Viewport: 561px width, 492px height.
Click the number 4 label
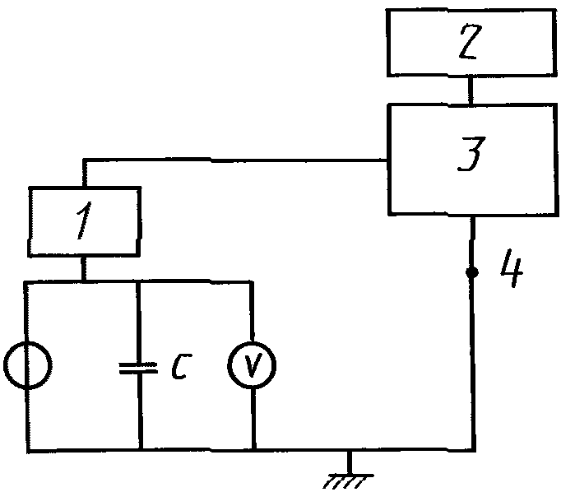[x=512, y=268]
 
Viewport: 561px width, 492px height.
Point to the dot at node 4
[x=472, y=272]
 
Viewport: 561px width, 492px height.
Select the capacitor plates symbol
[x=138, y=369]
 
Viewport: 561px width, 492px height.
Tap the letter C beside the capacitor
[x=182, y=366]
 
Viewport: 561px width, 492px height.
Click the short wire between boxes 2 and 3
[x=471, y=91]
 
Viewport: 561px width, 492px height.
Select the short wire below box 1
[x=83, y=268]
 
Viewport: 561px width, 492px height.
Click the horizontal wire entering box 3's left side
[x=234, y=160]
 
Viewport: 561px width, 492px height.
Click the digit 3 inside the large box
[x=471, y=154]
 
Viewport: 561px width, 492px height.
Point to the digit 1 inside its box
[x=84, y=220]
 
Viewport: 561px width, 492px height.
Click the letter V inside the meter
[x=253, y=364]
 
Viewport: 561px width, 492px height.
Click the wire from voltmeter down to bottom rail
[x=253, y=419]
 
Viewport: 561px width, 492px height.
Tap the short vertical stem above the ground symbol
[x=350, y=462]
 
